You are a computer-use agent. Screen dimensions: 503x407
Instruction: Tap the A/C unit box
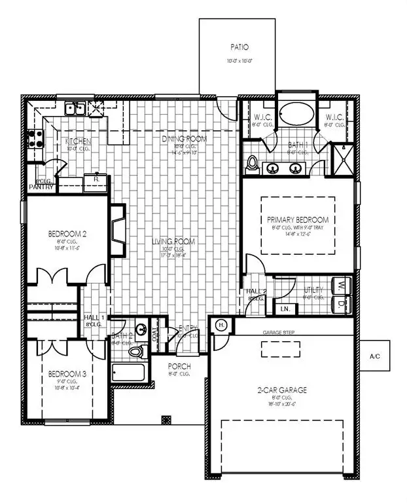[x=375, y=358]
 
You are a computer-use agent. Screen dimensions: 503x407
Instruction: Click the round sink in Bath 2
[x=141, y=329]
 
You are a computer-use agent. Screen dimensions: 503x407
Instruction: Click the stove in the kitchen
[x=34, y=139]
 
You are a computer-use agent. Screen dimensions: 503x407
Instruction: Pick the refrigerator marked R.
[x=96, y=178]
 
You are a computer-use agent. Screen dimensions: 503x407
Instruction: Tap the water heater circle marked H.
[x=221, y=326]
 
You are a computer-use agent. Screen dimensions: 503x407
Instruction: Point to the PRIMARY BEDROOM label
[x=298, y=220]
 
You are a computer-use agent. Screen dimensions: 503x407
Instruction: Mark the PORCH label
[x=178, y=366]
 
